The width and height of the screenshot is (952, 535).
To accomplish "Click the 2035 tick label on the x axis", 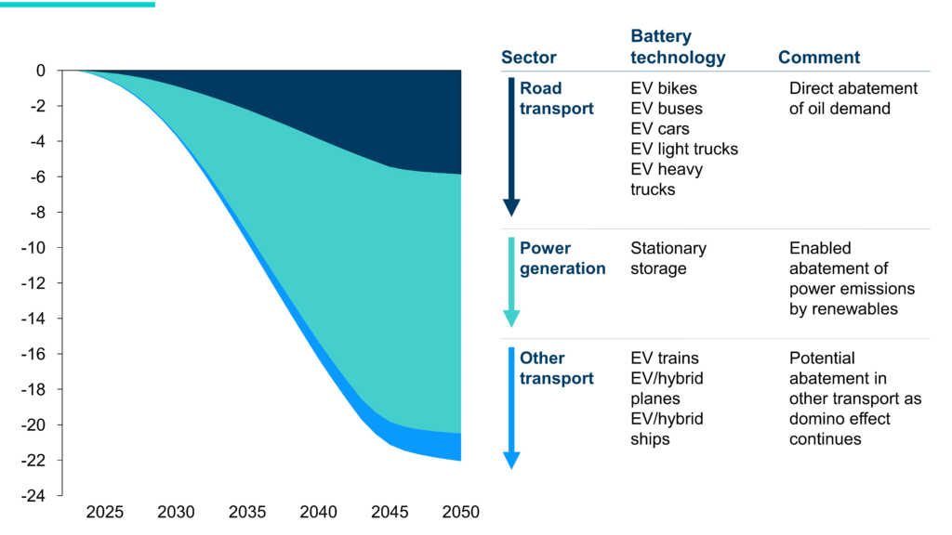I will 247,513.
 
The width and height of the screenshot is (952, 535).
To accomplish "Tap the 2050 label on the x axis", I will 460,513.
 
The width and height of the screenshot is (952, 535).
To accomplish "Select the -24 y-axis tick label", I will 34,496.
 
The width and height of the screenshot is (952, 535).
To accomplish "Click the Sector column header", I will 528,58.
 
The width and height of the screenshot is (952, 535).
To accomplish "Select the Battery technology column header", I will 678,47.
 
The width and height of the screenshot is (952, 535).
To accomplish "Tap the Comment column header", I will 818,58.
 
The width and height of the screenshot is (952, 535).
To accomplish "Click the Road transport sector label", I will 556,98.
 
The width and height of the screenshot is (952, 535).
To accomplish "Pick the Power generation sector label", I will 562,258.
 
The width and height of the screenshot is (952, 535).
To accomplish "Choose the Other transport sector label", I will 556,368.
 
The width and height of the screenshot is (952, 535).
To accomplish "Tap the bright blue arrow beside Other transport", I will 511,407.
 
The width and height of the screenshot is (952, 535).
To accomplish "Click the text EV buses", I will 667,109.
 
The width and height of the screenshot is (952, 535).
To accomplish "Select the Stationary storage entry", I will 668,258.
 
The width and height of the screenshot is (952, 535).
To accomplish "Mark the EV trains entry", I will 665,358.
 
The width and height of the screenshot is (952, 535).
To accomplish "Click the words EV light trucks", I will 684,150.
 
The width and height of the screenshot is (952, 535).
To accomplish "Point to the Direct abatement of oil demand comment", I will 853,98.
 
